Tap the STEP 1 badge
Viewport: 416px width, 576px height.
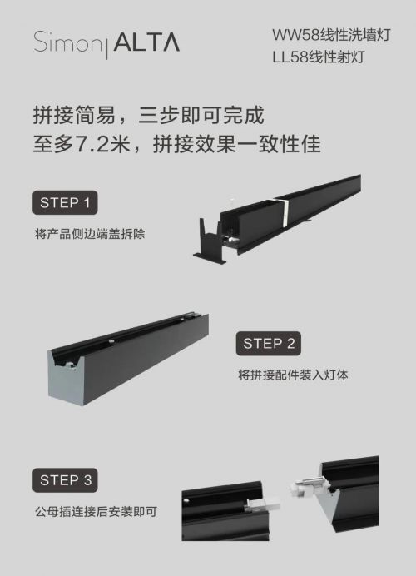pyautogui.click(x=65, y=202)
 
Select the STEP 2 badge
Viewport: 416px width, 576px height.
pyautogui.click(x=269, y=344)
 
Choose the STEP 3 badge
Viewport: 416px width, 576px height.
pyautogui.click(x=65, y=480)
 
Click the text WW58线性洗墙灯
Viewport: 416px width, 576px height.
pyautogui.click(x=331, y=35)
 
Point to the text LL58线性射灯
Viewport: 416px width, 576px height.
pyautogui.click(x=319, y=57)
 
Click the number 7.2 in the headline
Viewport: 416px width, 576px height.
pyautogui.click(x=92, y=144)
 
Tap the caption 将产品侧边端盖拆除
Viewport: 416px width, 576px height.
pyautogui.click(x=90, y=234)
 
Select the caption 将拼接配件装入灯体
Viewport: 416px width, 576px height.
pyautogui.click(x=293, y=375)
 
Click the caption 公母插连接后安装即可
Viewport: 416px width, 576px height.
pyautogui.click(x=97, y=511)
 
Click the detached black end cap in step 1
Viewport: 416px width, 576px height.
pyautogui.click(x=210, y=241)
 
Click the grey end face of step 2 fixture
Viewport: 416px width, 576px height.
pyautogui.click(x=63, y=380)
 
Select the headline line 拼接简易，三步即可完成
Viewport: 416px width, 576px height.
pyautogui.click(x=149, y=115)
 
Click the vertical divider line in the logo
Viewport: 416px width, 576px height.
pyautogui.click(x=107, y=46)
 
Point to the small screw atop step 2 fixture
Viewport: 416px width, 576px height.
pyautogui.click(x=111, y=340)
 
